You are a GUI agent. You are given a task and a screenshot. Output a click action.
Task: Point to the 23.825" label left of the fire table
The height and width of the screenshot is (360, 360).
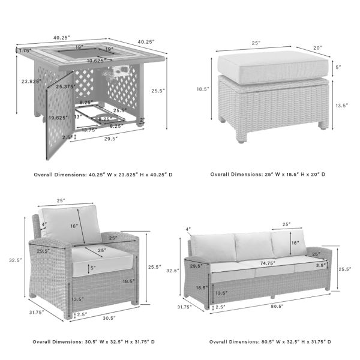click(x=31, y=81)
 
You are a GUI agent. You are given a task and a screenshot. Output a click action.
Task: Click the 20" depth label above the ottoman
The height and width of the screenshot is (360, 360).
click(x=317, y=47)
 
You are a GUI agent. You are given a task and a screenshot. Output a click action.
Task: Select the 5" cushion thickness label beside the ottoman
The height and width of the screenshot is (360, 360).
click(x=338, y=67)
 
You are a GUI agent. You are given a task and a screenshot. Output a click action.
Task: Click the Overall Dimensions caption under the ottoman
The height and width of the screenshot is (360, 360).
click(x=268, y=175)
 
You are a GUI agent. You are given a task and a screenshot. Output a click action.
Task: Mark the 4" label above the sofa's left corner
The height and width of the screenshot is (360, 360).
click(x=188, y=229)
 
